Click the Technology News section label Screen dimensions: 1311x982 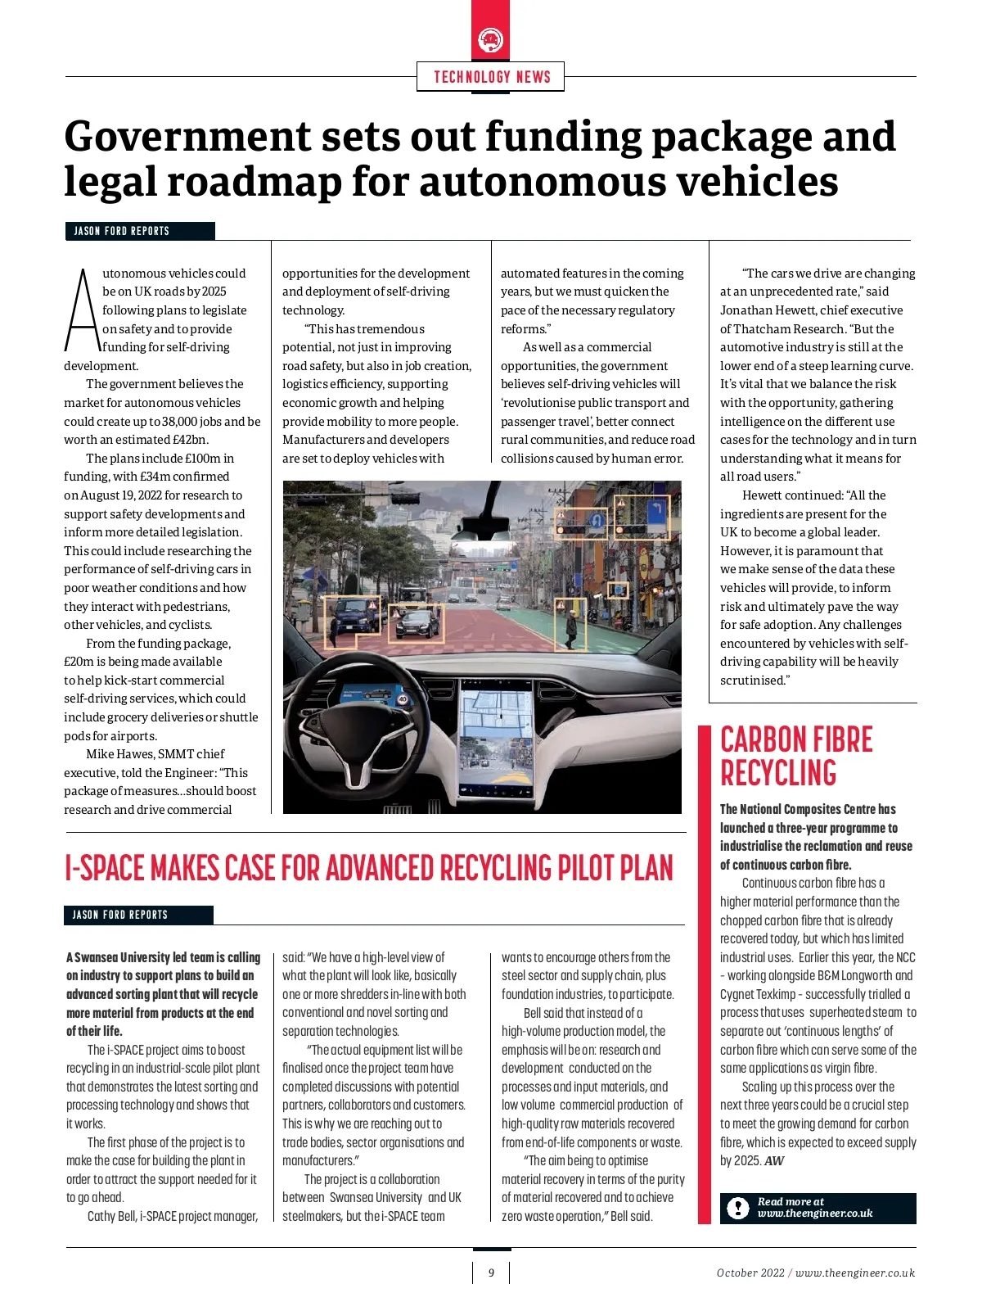pyautogui.click(x=491, y=77)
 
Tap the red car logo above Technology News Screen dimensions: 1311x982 pyautogui.click(x=490, y=38)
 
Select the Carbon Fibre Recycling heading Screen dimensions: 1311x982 pyautogui.click(x=795, y=756)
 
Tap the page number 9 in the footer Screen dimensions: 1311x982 pyautogui.click(x=491, y=1273)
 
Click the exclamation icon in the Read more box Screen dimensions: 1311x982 pyautogui.click(x=738, y=1208)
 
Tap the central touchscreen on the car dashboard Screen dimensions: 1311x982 pyautogui.click(x=498, y=741)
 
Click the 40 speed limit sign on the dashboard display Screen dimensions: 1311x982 pyautogui.click(x=403, y=700)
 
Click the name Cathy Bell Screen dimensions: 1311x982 pyautogui.click(x=112, y=1216)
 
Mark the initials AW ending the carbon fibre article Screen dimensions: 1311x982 pyautogui.click(x=773, y=1161)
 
